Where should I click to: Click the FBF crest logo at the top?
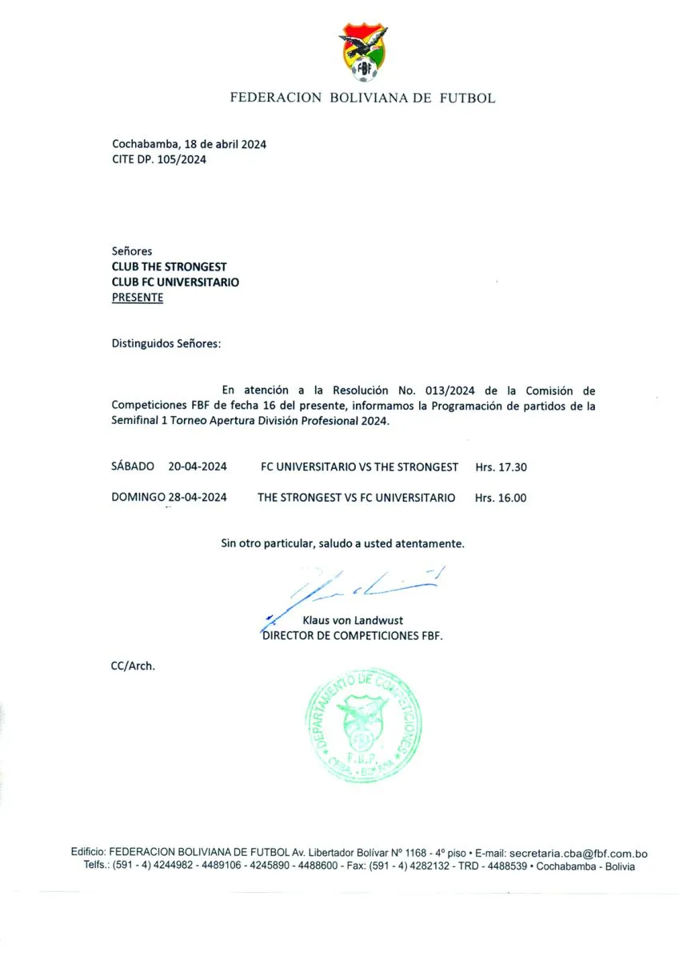pyautogui.click(x=364, y=53)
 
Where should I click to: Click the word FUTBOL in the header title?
pyautogui.click(x=467, y=98)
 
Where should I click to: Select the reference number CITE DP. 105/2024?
pyautogui.click(x=159, y=159)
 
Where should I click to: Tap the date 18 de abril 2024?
pyautogui.click(x=225, y=145)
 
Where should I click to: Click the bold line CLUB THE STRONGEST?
pyautogui.click(x=169, y=266)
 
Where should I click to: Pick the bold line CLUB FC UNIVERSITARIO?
pyautogui.click(x=175, y=282)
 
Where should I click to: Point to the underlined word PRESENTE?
pyautogui.click(x=137, y=297)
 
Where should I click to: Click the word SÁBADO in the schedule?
pyautogui.click(x=133, y=466)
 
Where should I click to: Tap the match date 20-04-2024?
pyautogui.click(x=198, y=466)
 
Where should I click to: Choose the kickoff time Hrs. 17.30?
pyautogui.click(x=501, y=466)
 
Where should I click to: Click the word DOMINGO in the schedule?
pyautogui.click(x=138, y=498)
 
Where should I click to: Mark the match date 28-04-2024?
pyautogui.click(x=198, y=498)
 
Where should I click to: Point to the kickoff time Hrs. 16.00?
pyautogui.click(x=501, y=498)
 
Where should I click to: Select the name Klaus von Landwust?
pyautogui.click(x=353, y=620)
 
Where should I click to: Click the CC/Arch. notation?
pyautogui.click(x=133, y=665)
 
